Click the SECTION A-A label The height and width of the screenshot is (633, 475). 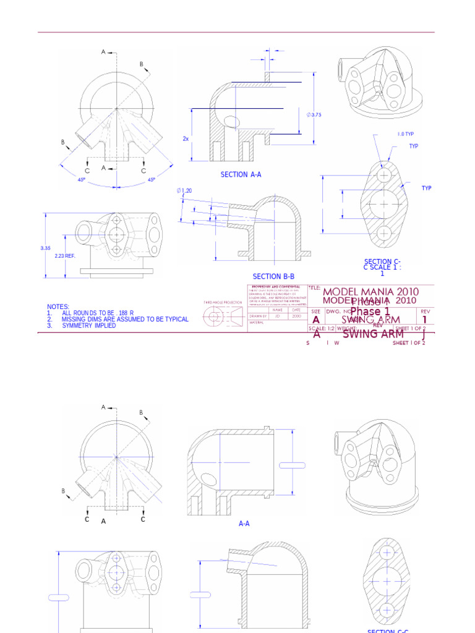tap(241, 175)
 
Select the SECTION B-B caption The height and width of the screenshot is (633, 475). tap(273, 277)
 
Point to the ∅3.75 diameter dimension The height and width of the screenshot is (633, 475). tap(314, 115)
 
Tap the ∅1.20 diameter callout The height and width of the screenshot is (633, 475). tap(184, 191)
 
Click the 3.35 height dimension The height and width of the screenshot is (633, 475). tap(45, 249)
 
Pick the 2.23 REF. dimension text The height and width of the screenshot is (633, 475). tap(65, 256)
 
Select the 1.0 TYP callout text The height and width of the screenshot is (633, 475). tap(406, 134)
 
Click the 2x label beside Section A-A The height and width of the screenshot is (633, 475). tap(185, 139)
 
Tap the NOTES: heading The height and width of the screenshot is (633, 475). tap(58, 307)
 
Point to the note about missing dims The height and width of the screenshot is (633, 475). tap(118, 320)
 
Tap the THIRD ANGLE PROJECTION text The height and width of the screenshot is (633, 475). tap(223, 303)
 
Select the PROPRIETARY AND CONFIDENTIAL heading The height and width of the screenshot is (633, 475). tap(276, 287)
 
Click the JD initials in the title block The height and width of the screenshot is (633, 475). tap(278, 316)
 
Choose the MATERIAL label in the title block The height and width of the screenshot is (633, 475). tap(257, 322)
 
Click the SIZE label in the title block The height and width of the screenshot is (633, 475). tap(315, 312)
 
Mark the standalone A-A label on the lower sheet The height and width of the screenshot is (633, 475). tap(244, 524)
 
